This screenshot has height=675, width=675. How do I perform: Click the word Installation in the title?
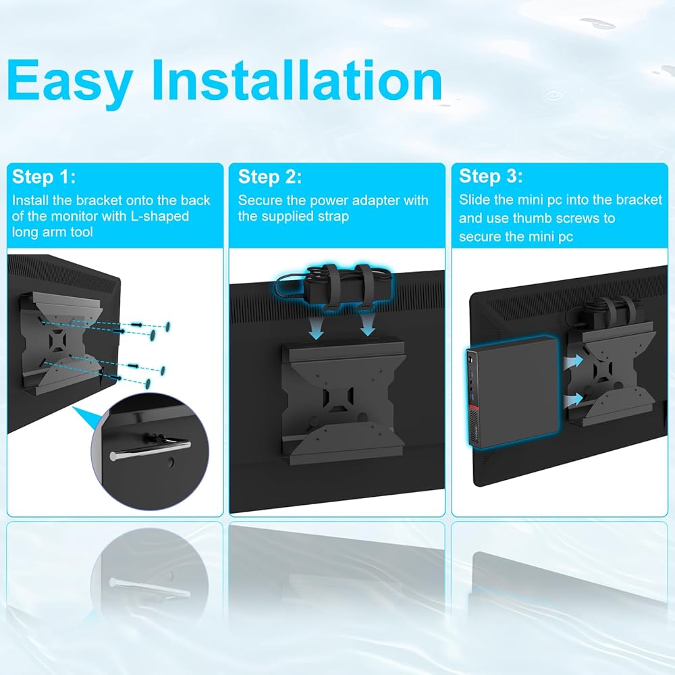(297, 80)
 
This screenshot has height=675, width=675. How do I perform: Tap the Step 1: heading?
(44, 176)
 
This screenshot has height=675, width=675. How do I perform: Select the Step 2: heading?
(270, 176)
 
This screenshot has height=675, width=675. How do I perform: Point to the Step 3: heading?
(491, 176)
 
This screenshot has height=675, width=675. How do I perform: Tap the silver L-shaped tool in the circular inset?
(151, 449)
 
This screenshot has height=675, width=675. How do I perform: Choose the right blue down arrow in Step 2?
(367, 326)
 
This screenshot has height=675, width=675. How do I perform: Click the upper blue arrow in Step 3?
(573, 362)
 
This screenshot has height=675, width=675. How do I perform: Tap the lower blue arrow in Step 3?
(573, 400)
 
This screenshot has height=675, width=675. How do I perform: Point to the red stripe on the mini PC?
(474, 408)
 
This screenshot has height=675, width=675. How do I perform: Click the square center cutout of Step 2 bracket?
(338, 398)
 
